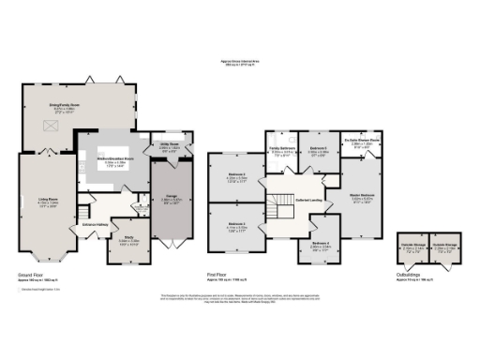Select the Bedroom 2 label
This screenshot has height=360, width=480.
point(237,175)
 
